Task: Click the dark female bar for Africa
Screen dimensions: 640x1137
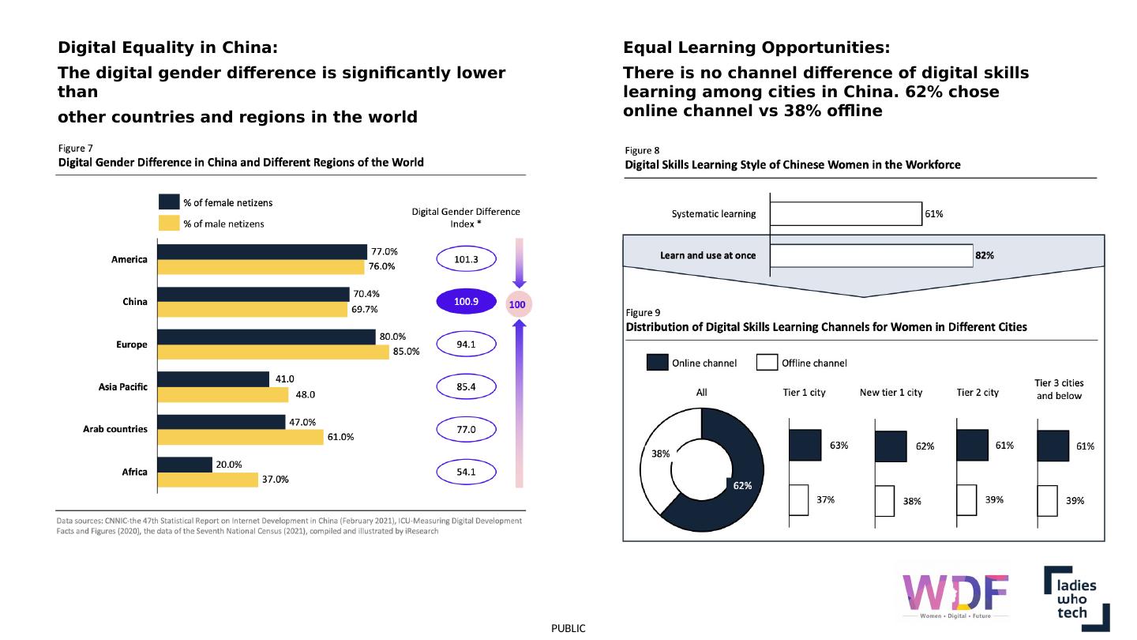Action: tap(185, 465)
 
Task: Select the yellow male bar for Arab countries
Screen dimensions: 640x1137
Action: tap(241, 437)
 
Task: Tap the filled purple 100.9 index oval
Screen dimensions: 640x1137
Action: tap(466, 301)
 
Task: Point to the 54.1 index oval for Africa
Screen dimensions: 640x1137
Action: tap(466, 472)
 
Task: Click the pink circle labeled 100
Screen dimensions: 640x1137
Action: tap(517, 304)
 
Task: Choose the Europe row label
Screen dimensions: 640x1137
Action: tap(132, 344)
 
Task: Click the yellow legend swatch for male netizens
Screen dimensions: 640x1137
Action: tap(169, 224)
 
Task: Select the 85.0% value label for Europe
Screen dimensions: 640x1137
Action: tap(406, 352)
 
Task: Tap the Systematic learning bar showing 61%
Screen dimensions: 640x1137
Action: tap(846, 213)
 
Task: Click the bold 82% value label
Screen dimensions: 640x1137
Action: tap(985, 255)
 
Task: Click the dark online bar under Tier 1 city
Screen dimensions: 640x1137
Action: tap(805, 445)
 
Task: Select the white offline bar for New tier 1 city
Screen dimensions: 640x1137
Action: tap(884, 500)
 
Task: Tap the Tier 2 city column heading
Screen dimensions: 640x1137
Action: tap(978, 393)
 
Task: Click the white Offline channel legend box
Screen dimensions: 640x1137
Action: tap(767, 363)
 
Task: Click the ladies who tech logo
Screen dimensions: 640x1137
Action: tap(1076, 598)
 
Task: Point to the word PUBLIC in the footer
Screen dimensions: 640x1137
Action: tap(568, 628)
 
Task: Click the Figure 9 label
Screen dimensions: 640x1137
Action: tap(644, 312)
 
